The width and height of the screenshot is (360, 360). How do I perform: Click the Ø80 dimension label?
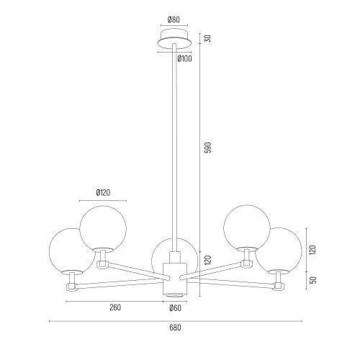[174, 19]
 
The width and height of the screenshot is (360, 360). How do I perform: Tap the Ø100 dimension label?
[184, 58]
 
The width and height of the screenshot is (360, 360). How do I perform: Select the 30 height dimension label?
[208, 38]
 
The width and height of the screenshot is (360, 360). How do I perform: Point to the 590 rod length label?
[208, 148]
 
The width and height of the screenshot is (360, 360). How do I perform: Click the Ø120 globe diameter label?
[103, 192]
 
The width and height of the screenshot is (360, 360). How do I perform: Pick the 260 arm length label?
[115, 307]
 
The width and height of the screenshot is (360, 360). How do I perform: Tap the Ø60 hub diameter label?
[175, 308]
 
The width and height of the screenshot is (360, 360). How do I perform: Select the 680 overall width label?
[175, 328]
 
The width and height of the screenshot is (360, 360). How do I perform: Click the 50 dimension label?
[313, 280]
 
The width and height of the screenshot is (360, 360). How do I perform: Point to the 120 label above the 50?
[312, 250]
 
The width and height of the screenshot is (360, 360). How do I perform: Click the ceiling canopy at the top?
[174, 38]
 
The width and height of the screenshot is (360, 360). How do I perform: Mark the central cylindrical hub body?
[175, 279]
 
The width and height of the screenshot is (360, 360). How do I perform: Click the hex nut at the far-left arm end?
[71, 287]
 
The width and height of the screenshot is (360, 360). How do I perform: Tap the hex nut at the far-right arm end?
[279, 286]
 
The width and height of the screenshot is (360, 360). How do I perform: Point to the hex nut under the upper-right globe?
[246, 264]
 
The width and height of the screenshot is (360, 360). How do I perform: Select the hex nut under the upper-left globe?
[103, 264]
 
